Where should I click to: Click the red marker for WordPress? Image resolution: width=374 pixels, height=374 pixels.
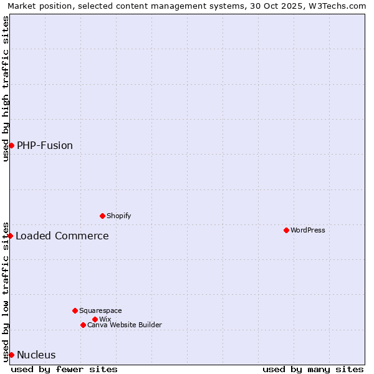pos(286,230)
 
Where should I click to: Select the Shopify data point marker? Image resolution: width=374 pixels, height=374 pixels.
pos(102,216)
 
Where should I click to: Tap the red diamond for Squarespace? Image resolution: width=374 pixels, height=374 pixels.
pos(75,310)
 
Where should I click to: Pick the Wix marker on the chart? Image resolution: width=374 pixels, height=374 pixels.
pos(95,319)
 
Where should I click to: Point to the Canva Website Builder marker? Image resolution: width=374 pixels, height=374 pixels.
pos(83,325)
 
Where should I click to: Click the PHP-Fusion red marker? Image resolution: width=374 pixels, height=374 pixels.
pos(11,145)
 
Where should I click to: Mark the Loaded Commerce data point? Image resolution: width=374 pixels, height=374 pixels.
pos(10,236)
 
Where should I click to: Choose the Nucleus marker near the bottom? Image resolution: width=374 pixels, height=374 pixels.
pos(11,355)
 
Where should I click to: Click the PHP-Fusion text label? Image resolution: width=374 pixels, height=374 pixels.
pos(45,146)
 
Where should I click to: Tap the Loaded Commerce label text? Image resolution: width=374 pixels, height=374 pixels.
pos(62,236)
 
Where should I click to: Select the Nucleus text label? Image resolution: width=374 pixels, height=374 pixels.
pos(36,355)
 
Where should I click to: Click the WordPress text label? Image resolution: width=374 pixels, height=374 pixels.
pos(308,230)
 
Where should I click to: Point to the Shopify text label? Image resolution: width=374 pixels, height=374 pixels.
pos(118,216)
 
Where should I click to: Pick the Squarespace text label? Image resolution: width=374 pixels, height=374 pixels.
pos(100,310)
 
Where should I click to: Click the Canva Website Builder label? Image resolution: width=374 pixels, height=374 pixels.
pos(125,325)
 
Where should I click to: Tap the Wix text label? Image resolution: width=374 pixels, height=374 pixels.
pos(105,319)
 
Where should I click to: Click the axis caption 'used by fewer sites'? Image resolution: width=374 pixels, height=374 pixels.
pos(64,369)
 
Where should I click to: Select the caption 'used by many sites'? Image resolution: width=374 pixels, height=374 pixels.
pos(313,369)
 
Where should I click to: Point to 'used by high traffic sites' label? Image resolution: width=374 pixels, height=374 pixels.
pos(6,89)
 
